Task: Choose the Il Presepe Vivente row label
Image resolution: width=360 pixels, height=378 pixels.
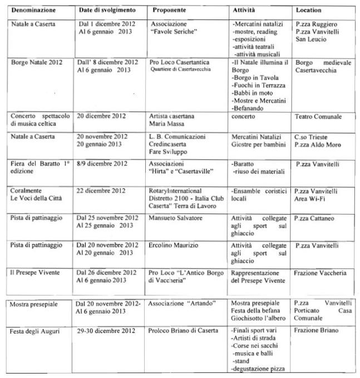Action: coord(35,273)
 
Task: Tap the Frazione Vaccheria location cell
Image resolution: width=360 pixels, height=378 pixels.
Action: coord(320,273)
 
